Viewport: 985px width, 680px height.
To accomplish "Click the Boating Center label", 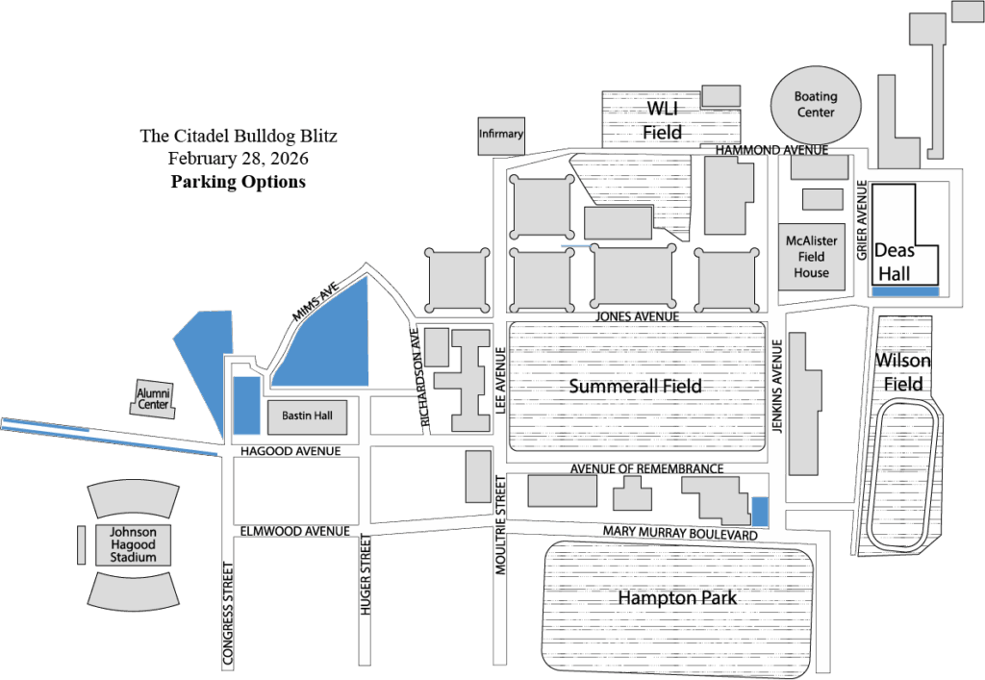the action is pyautogui.click(x=816, y=105).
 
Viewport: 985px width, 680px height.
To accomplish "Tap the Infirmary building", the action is pyautogui.click(x=501, y=135).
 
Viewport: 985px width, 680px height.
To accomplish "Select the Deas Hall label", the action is pyautogui.click(x=894, y=262).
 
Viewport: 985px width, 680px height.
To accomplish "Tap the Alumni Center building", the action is pyautogui.click(x=153, y=398).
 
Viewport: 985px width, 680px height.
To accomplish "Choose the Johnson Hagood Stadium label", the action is pyautogui.click(x=133, y=545).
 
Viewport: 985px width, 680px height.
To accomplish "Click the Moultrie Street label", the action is pyautogui.click(x=499, y=525).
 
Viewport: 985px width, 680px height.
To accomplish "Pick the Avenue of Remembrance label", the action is pyautogui.click(x=645, y=468).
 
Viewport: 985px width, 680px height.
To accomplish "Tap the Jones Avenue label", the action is pyautogui.click(x=637, y=316).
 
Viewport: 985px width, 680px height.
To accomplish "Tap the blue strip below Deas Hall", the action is pyautogui.click(x=905, y=290).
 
